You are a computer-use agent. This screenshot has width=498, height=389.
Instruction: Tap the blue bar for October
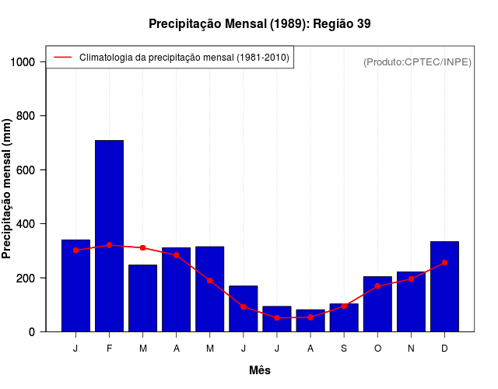click(x=377, y=304)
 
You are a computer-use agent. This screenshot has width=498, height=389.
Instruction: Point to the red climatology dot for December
click(x=444, y=263)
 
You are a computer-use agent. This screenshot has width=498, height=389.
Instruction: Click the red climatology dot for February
click(x=109, y=245)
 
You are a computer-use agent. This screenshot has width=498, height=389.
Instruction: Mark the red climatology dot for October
click(x=377, y=286)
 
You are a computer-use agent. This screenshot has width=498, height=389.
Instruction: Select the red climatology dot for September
click(x=344, y=307)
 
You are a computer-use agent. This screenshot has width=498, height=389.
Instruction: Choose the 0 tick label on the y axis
click(x=37, y=332)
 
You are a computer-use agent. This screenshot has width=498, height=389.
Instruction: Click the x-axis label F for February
click(x=109, y=349)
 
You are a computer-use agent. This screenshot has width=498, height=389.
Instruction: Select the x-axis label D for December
click(x=444, y=349)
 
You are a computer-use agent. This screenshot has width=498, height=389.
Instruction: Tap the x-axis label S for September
click(x=344, y=349)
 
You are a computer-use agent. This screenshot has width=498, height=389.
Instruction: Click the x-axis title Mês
click(x=260, y=370)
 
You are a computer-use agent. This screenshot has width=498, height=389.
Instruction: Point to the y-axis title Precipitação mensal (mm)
click(x=8, y=188)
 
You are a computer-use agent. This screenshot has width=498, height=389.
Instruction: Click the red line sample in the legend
click(x=62, y=57)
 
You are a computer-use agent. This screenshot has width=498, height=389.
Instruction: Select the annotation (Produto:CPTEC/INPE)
click(x=417, y=61)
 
